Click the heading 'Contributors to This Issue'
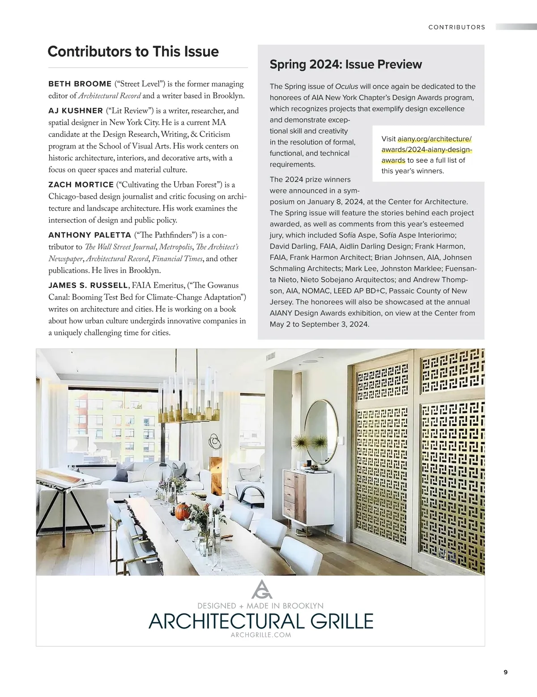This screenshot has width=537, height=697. [133, 51]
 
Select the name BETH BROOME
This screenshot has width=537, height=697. [80, 84]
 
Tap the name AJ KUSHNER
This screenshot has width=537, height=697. [76, 110]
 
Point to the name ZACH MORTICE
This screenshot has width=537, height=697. [81, 185]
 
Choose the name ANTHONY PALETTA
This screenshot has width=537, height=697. [89, 235]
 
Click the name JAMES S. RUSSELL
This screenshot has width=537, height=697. [88, 285]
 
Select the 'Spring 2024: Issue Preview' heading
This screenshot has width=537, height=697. [345, 64]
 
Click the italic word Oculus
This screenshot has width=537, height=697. [346, 86]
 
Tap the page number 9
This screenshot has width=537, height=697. [506, 672]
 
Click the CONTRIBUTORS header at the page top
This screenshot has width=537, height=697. [456, 27]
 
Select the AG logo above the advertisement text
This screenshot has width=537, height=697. [262, 589]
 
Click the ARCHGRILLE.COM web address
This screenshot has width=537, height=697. [260, 635]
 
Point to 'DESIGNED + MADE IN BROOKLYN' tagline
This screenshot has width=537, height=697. [260, 606]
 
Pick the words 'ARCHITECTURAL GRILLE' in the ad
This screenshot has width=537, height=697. [260, 621]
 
